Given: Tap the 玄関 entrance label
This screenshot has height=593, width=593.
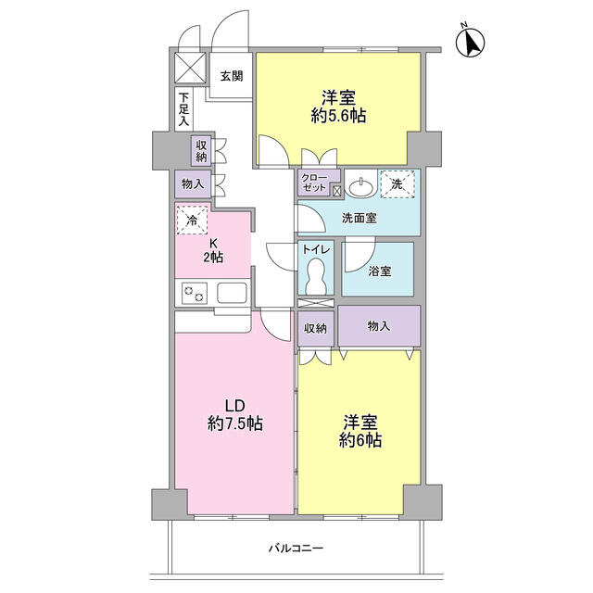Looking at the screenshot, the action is (x=232, y=76).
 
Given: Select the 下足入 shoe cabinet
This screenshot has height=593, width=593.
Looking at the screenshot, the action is (x=183, y=109).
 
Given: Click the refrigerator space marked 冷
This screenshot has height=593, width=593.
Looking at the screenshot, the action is (x=192, y=220).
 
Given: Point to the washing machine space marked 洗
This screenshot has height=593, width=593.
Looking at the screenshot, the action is (x=397, y=184).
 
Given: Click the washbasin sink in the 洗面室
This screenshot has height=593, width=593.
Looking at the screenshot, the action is (x=360, y=187).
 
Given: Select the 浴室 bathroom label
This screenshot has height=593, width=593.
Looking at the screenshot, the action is (x=379, y=271).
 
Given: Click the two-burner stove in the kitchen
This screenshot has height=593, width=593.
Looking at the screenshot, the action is (x=195, y=293).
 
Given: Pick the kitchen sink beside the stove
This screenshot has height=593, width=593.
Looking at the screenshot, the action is (x=232, y=293).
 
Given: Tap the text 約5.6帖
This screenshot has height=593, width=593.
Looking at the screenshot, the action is (x=338, y=117).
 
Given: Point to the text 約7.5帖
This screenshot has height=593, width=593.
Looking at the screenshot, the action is (x=235, y=423).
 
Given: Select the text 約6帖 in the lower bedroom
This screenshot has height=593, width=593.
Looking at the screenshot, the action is (x=360, y=440).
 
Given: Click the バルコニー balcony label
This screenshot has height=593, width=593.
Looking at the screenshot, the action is (x=296, y=548).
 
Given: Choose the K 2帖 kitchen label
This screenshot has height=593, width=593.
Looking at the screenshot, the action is (x=213, y=251).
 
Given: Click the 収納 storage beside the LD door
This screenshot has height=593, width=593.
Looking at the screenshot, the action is (x=316, y=329).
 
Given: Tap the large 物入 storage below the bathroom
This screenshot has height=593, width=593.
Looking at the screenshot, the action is (x=379, y=325).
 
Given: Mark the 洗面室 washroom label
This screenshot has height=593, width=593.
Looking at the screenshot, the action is (x=360, y=218).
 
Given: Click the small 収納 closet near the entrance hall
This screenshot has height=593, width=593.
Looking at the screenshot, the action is (x=201, y=150).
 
